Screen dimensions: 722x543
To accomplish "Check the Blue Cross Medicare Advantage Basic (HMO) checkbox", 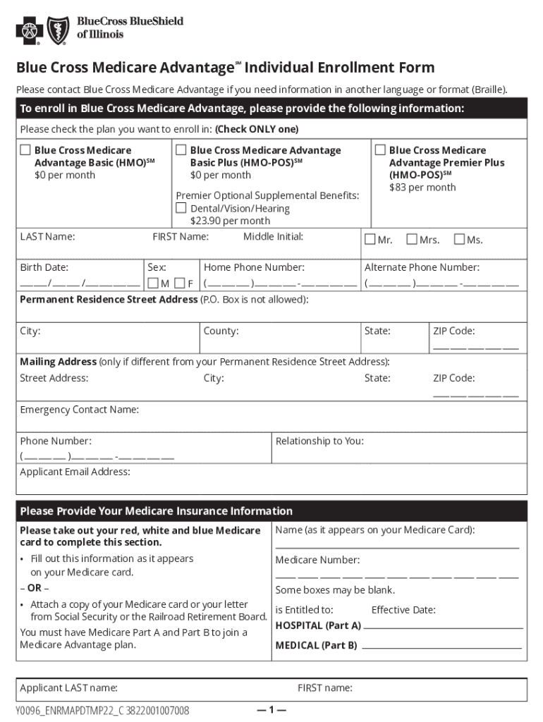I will click(25, 150).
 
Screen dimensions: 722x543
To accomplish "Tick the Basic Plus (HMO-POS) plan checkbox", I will click(181, 150).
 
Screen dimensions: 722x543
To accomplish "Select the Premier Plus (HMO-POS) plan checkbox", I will click(380, 150).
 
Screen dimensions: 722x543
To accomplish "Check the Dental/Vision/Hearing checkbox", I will click(181, 208).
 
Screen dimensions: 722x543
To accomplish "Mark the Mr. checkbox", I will click(370, 240).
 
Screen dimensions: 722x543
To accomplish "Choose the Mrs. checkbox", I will click(412, 240).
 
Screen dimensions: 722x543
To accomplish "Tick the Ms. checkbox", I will click(459, 240).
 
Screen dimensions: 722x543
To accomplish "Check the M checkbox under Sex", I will click(152, 283).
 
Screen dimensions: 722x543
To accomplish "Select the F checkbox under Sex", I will click(179, 283).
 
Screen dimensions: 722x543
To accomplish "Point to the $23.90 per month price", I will click(230, 221).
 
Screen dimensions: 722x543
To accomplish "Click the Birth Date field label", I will click(44, 267).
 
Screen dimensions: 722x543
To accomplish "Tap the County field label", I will click(221, 331).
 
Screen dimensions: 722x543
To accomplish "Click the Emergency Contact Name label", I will click(79, 410).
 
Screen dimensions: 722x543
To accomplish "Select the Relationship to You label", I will click(319, 441).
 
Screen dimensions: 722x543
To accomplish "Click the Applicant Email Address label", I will click(75, 472).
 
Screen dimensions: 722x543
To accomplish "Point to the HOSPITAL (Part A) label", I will click(318, 625).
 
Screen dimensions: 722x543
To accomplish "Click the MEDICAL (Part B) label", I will click(316, 645).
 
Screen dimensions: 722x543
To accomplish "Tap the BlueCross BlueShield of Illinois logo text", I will click(130, 27).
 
